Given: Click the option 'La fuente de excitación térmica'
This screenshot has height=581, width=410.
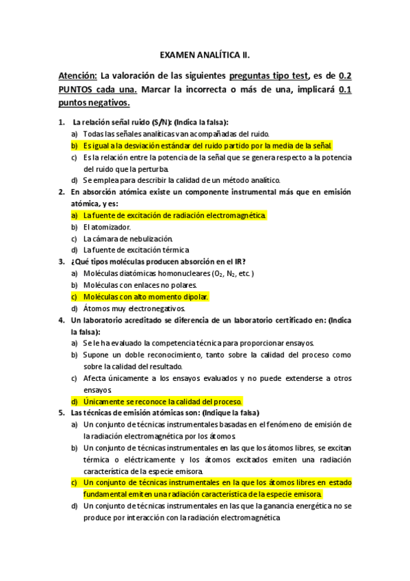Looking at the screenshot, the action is pos(136,250).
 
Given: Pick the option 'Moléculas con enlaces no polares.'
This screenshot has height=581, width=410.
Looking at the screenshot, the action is pos(140,285).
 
